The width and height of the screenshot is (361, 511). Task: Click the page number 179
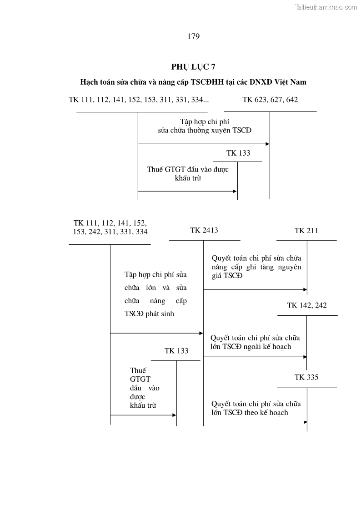point(193,37)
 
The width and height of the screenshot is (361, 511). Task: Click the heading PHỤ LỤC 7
point(193,67)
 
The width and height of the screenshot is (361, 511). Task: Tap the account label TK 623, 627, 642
point(270,100)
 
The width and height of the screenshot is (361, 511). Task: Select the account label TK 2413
point(204,230)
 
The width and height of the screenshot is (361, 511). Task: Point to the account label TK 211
point(306,231)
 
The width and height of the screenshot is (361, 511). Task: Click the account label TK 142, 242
point(307,305)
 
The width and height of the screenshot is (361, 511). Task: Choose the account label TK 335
point(306,377)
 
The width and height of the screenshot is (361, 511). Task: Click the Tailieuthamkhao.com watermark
point(326,7)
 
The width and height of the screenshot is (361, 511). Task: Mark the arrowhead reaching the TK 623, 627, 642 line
point(267,144)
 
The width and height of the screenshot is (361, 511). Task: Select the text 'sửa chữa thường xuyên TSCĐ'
point(202,130)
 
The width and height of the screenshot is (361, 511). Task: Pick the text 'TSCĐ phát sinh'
point(149,314)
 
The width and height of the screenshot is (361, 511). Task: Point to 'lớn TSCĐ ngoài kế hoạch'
point(251,347)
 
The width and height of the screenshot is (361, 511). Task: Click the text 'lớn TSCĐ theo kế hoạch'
point(249,413)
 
